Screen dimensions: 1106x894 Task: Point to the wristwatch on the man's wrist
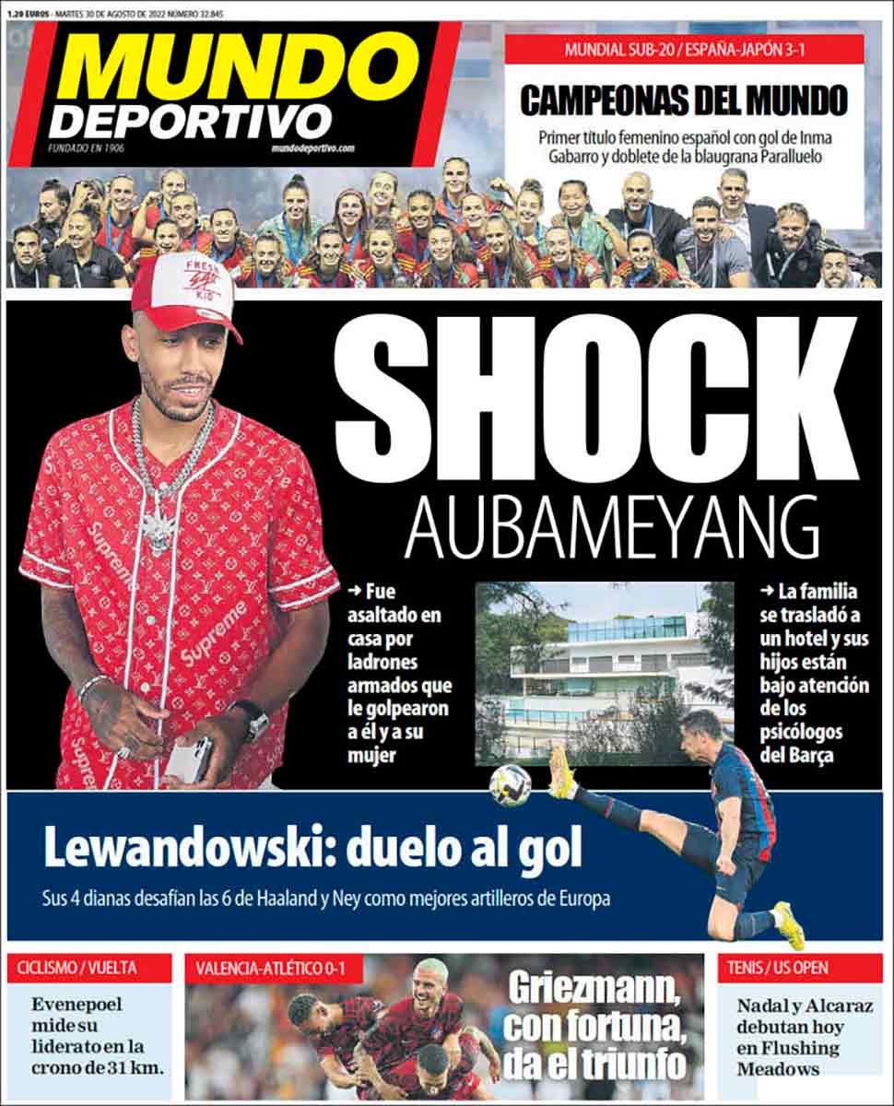[251, 718]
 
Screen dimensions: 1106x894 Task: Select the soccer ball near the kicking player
[511, 784]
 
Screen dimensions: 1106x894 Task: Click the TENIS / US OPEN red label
[778, 968]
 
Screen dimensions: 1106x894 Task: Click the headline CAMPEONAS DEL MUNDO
[683, 100]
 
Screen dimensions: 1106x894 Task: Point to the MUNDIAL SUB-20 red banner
[684, 49]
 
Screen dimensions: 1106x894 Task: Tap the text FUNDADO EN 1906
[88, 147]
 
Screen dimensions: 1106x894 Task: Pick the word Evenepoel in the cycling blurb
[76, 1005]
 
